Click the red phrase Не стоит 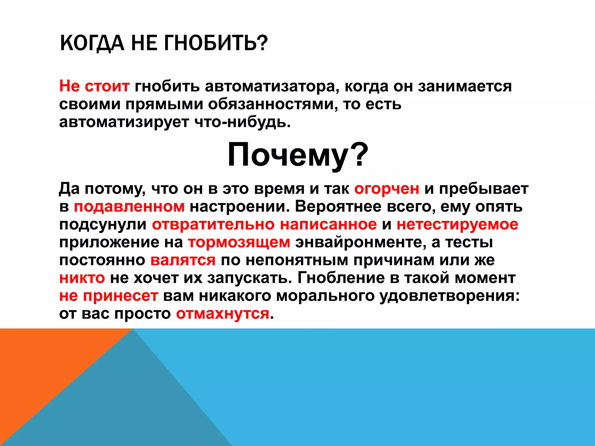pyautogui.click(x=94, y=86)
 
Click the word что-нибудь pyautogui.click(x=242, y=122)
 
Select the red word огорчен pyautogui.click(x=386, y=189)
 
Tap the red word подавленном pyautogui.click(x=129, y=207)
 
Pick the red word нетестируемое pyautogui.click(x=457, y=224)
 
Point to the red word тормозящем pyautogui.click(x=239, y=242)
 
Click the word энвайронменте pyautogui.click(x=361, y=242)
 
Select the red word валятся pyautogui.click(x=183, y=260)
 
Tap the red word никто pyautogui.click(x=82, y=278)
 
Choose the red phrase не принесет pyautogui.click(x=109, y=296)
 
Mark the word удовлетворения pyautogui.click(x=449, y=296)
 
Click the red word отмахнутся pyautogui.click(x=223, y=314)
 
